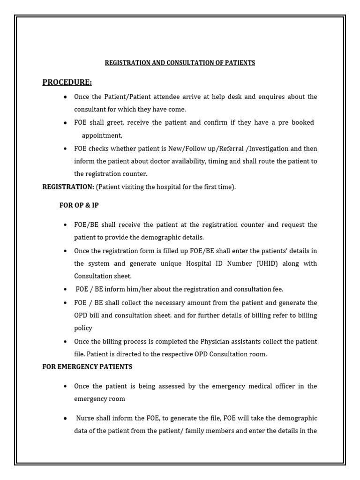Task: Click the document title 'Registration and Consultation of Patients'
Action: tap(180, 63)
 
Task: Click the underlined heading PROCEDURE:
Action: tap(67, 82)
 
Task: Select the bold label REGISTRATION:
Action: tap(68, 187)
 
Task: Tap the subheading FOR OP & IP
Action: tap(79, 205)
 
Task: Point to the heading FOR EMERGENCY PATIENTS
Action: tap(87, 367)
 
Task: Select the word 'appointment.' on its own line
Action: tap(102, 135)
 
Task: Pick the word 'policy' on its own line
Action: tap(83, 328)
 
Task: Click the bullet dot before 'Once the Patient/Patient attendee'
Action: tap(65, 97)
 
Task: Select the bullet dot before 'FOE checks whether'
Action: tap(65, 149)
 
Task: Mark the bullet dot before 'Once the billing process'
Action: tap(65, 341)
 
